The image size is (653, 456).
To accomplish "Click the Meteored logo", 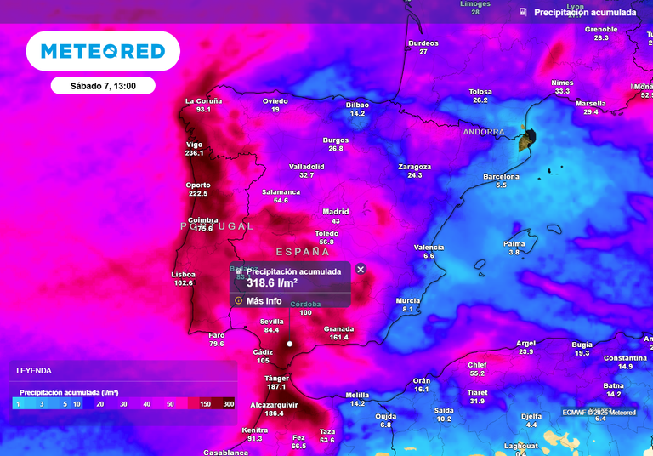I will [x=103, y=51].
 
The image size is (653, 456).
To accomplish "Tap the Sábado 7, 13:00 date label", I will [x=102, y=86].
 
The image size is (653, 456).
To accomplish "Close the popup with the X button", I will [x=361, y=270].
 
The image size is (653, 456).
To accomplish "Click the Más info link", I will [x=264, y=300].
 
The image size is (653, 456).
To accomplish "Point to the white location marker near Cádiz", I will [x=290, y=344].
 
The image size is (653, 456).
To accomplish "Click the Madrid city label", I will [x=336, y=212].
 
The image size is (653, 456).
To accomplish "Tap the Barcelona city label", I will [x=501, y=177].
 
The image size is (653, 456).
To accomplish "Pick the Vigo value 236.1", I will [x=194, y=153].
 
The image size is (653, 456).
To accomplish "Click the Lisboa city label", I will [x=184, y=274].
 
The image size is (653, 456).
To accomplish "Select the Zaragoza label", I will [x=414, y=167].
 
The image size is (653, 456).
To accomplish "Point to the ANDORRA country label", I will [x=484, y=133].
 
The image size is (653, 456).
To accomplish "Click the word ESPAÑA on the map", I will [x=303, y=253].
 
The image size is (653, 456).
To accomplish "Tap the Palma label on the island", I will [x=514, y=243].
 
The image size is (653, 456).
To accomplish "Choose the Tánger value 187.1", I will [x=275, y=387].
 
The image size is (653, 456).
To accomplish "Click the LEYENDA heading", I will [x=35, y=371].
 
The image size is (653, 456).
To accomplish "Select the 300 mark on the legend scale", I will [x=228, y=403].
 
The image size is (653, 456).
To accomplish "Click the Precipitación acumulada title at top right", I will [x=585, y=13].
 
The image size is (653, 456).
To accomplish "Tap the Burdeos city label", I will [x=423, y=43].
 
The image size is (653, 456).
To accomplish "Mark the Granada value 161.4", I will [x=338, y=338].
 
